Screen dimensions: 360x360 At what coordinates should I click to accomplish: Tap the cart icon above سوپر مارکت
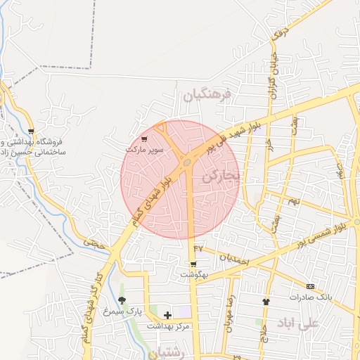coord(145,139)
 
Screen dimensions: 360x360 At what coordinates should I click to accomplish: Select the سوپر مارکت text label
coord(145,150)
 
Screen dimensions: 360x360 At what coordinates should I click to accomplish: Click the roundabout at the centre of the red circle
coord(187,163)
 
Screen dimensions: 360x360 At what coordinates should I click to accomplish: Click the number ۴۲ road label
coord(198,248)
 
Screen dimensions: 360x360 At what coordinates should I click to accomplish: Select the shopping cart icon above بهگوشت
coord(193,265)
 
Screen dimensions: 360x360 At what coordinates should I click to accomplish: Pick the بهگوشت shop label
coord(193,275)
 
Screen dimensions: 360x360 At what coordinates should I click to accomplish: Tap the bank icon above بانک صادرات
coord(310,286)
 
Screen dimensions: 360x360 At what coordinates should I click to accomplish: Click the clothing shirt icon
coord(266,302)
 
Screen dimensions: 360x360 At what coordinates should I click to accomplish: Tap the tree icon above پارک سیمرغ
coord(122,300)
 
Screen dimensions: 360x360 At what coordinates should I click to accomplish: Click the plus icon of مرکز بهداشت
coord(167,316)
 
